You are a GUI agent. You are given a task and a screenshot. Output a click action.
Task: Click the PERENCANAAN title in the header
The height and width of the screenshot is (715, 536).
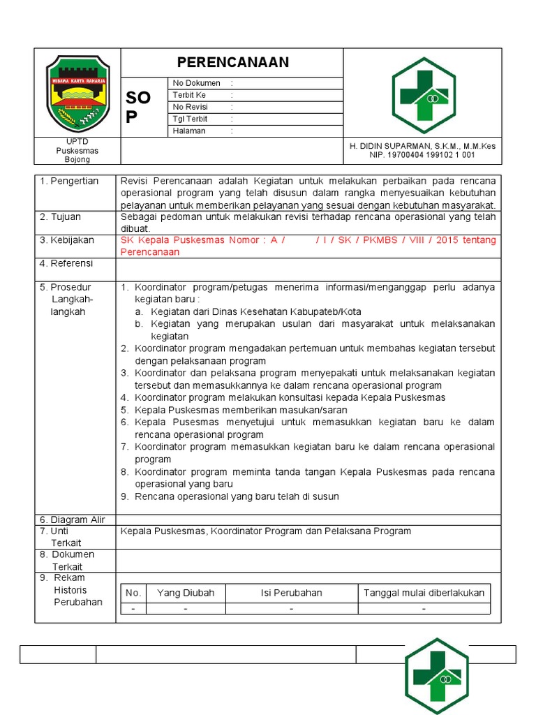click(x=232, y=62)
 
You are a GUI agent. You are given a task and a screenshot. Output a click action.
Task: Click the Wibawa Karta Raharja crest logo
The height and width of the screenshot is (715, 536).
click(x=77, y=92)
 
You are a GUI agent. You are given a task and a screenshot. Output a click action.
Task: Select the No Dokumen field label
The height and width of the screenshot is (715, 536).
click(x=197, y=83)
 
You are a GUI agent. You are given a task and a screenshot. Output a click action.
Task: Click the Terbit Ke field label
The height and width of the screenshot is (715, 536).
click(x=189, y=95)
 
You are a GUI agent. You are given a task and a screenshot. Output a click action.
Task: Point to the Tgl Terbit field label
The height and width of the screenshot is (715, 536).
click(x=191, y=119)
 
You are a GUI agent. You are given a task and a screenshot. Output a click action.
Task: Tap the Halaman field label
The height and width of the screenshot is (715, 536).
click(x=189, y=131)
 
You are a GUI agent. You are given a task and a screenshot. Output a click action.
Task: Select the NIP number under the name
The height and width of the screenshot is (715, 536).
click(x=422, y=155)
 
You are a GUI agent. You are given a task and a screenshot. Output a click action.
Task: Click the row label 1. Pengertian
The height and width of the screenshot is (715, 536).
click(x=69, y=181)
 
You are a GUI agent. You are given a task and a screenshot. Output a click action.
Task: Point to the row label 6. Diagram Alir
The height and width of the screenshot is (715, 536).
click(x=73, y=519)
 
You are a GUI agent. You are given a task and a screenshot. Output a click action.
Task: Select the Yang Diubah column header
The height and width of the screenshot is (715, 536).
click(x=186, y=593)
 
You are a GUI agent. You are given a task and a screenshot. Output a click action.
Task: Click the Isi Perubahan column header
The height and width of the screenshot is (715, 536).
click(x=291, y=593)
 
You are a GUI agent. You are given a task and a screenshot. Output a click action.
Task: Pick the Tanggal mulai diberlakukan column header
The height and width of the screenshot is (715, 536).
click(x=424, y=593)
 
